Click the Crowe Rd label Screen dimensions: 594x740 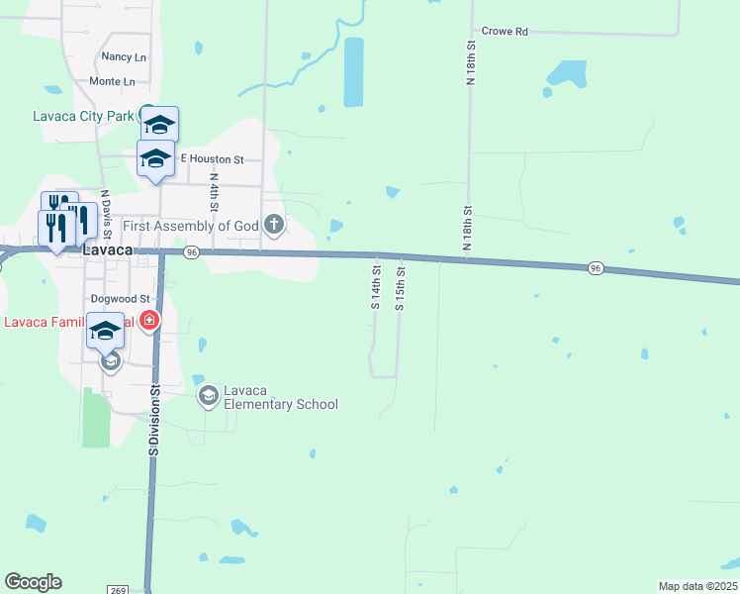point(505,32)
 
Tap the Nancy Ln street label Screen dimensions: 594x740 point(123,57)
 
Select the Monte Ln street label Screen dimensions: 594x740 point(112,81)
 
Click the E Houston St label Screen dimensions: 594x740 point(211,158)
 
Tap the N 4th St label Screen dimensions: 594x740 point(214,193)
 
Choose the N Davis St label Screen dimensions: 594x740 point(104,210)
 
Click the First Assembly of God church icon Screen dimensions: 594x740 point(274,227)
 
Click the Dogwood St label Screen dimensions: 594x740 point(119,297)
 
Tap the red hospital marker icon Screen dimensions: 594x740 point(148,321)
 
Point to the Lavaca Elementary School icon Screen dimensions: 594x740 point(208,397)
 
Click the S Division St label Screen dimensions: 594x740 point(154,420)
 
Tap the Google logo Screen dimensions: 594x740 point(33,582)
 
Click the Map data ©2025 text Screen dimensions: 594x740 point(697,586)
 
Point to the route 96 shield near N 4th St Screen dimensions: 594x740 point(192,252)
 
